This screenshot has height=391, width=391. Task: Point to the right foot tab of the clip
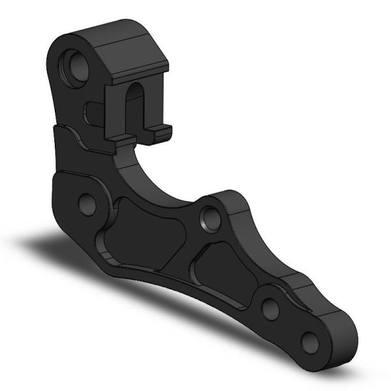[162, 132]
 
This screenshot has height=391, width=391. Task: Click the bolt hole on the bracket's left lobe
[87, 202]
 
